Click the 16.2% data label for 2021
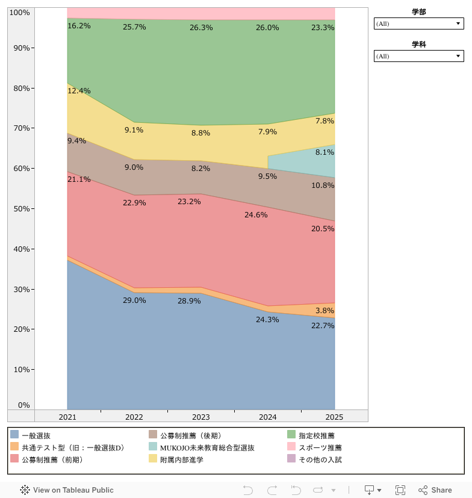(x=79, y=26)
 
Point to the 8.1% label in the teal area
(x=324, y=152)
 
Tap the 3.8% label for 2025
(x=324, y=311)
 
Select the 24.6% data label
(x=256, y=214)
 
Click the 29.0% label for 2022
(x=134, y=300)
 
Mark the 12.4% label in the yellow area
(x=79, y=91)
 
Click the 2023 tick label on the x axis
(x=200, y=417)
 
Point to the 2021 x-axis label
(x=67, y=417)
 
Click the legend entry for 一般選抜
(x=36, y=435)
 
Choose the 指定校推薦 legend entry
(x=316, y=435)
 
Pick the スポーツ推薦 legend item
(x=320, y=447)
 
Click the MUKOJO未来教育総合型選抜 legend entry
(x=207, y=447)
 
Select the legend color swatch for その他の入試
(x=291, y=459)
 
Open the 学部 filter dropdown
(x=419, y=23)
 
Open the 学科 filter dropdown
(x=419, y=56)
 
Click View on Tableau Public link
(x=67, y=490)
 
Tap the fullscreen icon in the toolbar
(x=400, y=490)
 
